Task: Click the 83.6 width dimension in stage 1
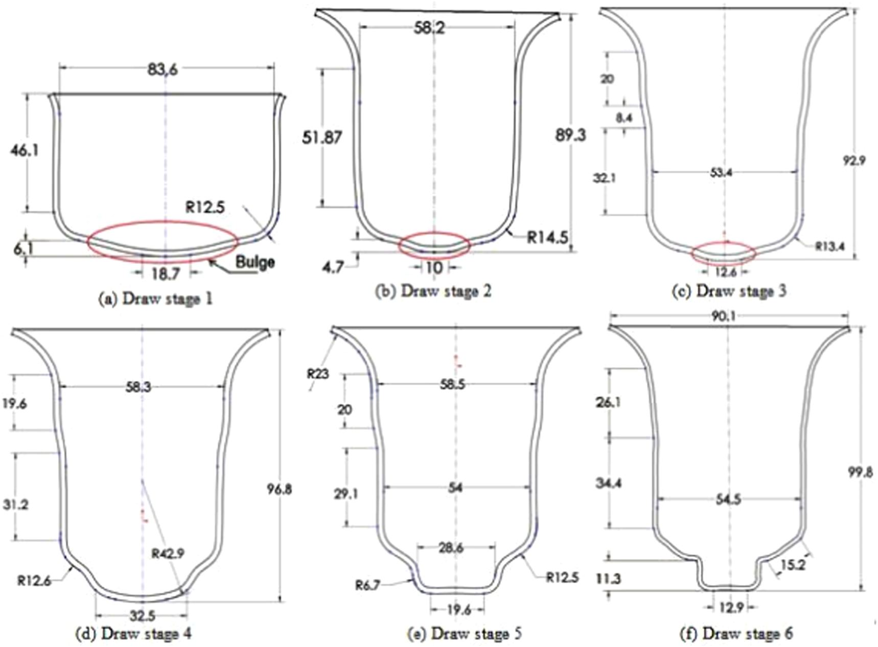(x=163, y=69)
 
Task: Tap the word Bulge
(x=255, y=262)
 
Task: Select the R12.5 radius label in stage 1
(x=204, y=207)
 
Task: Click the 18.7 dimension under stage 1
(x=165, y=274)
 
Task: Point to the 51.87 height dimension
(x=321, y=137)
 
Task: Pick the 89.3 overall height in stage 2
(x=570, y=135)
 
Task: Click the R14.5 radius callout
(x=547, y=237)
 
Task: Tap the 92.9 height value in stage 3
(x=854, y=160)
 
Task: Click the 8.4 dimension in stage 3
(x=623, y=118)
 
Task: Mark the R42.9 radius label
(x=168, y=553)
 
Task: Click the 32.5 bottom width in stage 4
(x=142, y=615)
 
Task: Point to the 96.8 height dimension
(x=279, y=489)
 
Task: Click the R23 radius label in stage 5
(x=317, y=374)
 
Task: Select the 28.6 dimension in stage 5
(x=450, y=548)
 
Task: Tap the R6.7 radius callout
(x=367, y=585)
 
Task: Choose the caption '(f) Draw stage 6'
(x=736, y=634)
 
